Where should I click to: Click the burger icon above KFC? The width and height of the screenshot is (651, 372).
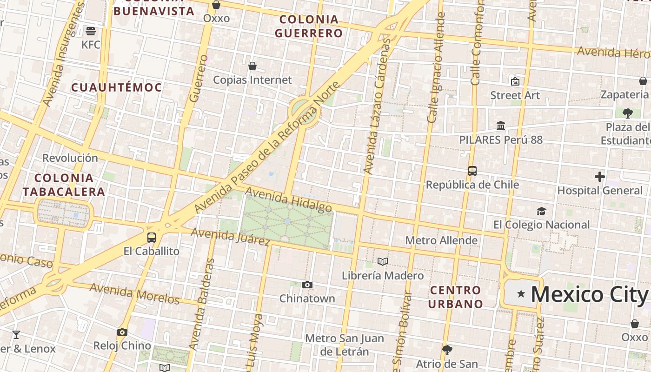[91, 31]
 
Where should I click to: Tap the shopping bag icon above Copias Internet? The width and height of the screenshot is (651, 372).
[252, 66]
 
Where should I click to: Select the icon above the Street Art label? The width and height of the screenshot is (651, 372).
[515, 81]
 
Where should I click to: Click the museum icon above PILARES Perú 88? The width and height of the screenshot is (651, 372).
[501, 126]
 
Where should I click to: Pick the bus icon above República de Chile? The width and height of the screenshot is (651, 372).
[472, 171]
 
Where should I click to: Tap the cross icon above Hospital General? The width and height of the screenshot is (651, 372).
[600, 177]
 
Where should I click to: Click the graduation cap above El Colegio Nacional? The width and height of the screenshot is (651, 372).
[541, 211]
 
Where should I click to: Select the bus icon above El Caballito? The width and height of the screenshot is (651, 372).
[152, 237]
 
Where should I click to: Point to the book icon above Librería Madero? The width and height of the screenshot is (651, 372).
[383, 261]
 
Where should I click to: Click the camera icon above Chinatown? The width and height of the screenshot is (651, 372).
[307, 285]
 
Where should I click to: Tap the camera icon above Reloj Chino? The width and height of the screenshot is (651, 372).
[122, 332]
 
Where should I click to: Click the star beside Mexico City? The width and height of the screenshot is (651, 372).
[521, 294]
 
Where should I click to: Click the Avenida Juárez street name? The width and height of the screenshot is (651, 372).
[231, 237]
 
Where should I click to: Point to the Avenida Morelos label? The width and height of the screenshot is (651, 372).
[134, 293]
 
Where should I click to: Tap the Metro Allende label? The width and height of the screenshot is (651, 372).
[441, 240]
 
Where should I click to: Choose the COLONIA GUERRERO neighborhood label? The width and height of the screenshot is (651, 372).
[309, 27]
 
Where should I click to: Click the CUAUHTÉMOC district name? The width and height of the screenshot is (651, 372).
[117, 87]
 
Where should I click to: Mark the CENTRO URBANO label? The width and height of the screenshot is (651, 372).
[456, 297]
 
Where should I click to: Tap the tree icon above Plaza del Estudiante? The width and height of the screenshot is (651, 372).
[627, 113]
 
